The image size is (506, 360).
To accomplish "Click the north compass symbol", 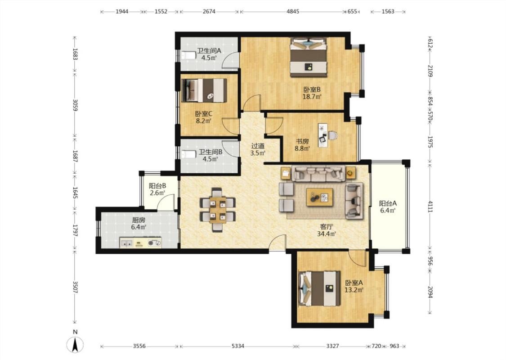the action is coord(75,344).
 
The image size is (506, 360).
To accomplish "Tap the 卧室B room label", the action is coord(312,90).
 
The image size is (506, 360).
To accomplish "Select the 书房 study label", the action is coord(302,141).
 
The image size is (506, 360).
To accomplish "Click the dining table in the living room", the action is coord(218,210).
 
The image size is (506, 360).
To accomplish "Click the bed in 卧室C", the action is coord(205,90).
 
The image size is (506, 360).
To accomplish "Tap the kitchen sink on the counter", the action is coord(126,243).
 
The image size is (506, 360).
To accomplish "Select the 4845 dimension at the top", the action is coord(293,11).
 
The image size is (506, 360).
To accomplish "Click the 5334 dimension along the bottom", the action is coord(238,346).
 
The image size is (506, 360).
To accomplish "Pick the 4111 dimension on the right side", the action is coord(430,207).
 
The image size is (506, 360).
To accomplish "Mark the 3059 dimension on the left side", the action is coord(75,104).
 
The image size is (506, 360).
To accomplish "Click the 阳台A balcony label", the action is coord(388,203).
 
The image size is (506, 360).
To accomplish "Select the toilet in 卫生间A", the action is coord(188,55).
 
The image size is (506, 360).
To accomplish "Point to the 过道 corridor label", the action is coord(258,146).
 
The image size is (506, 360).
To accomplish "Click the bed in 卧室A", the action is coord(320,288).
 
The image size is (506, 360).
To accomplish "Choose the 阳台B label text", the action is coord(157,186).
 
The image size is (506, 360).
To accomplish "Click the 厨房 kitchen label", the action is coord(139,220).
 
